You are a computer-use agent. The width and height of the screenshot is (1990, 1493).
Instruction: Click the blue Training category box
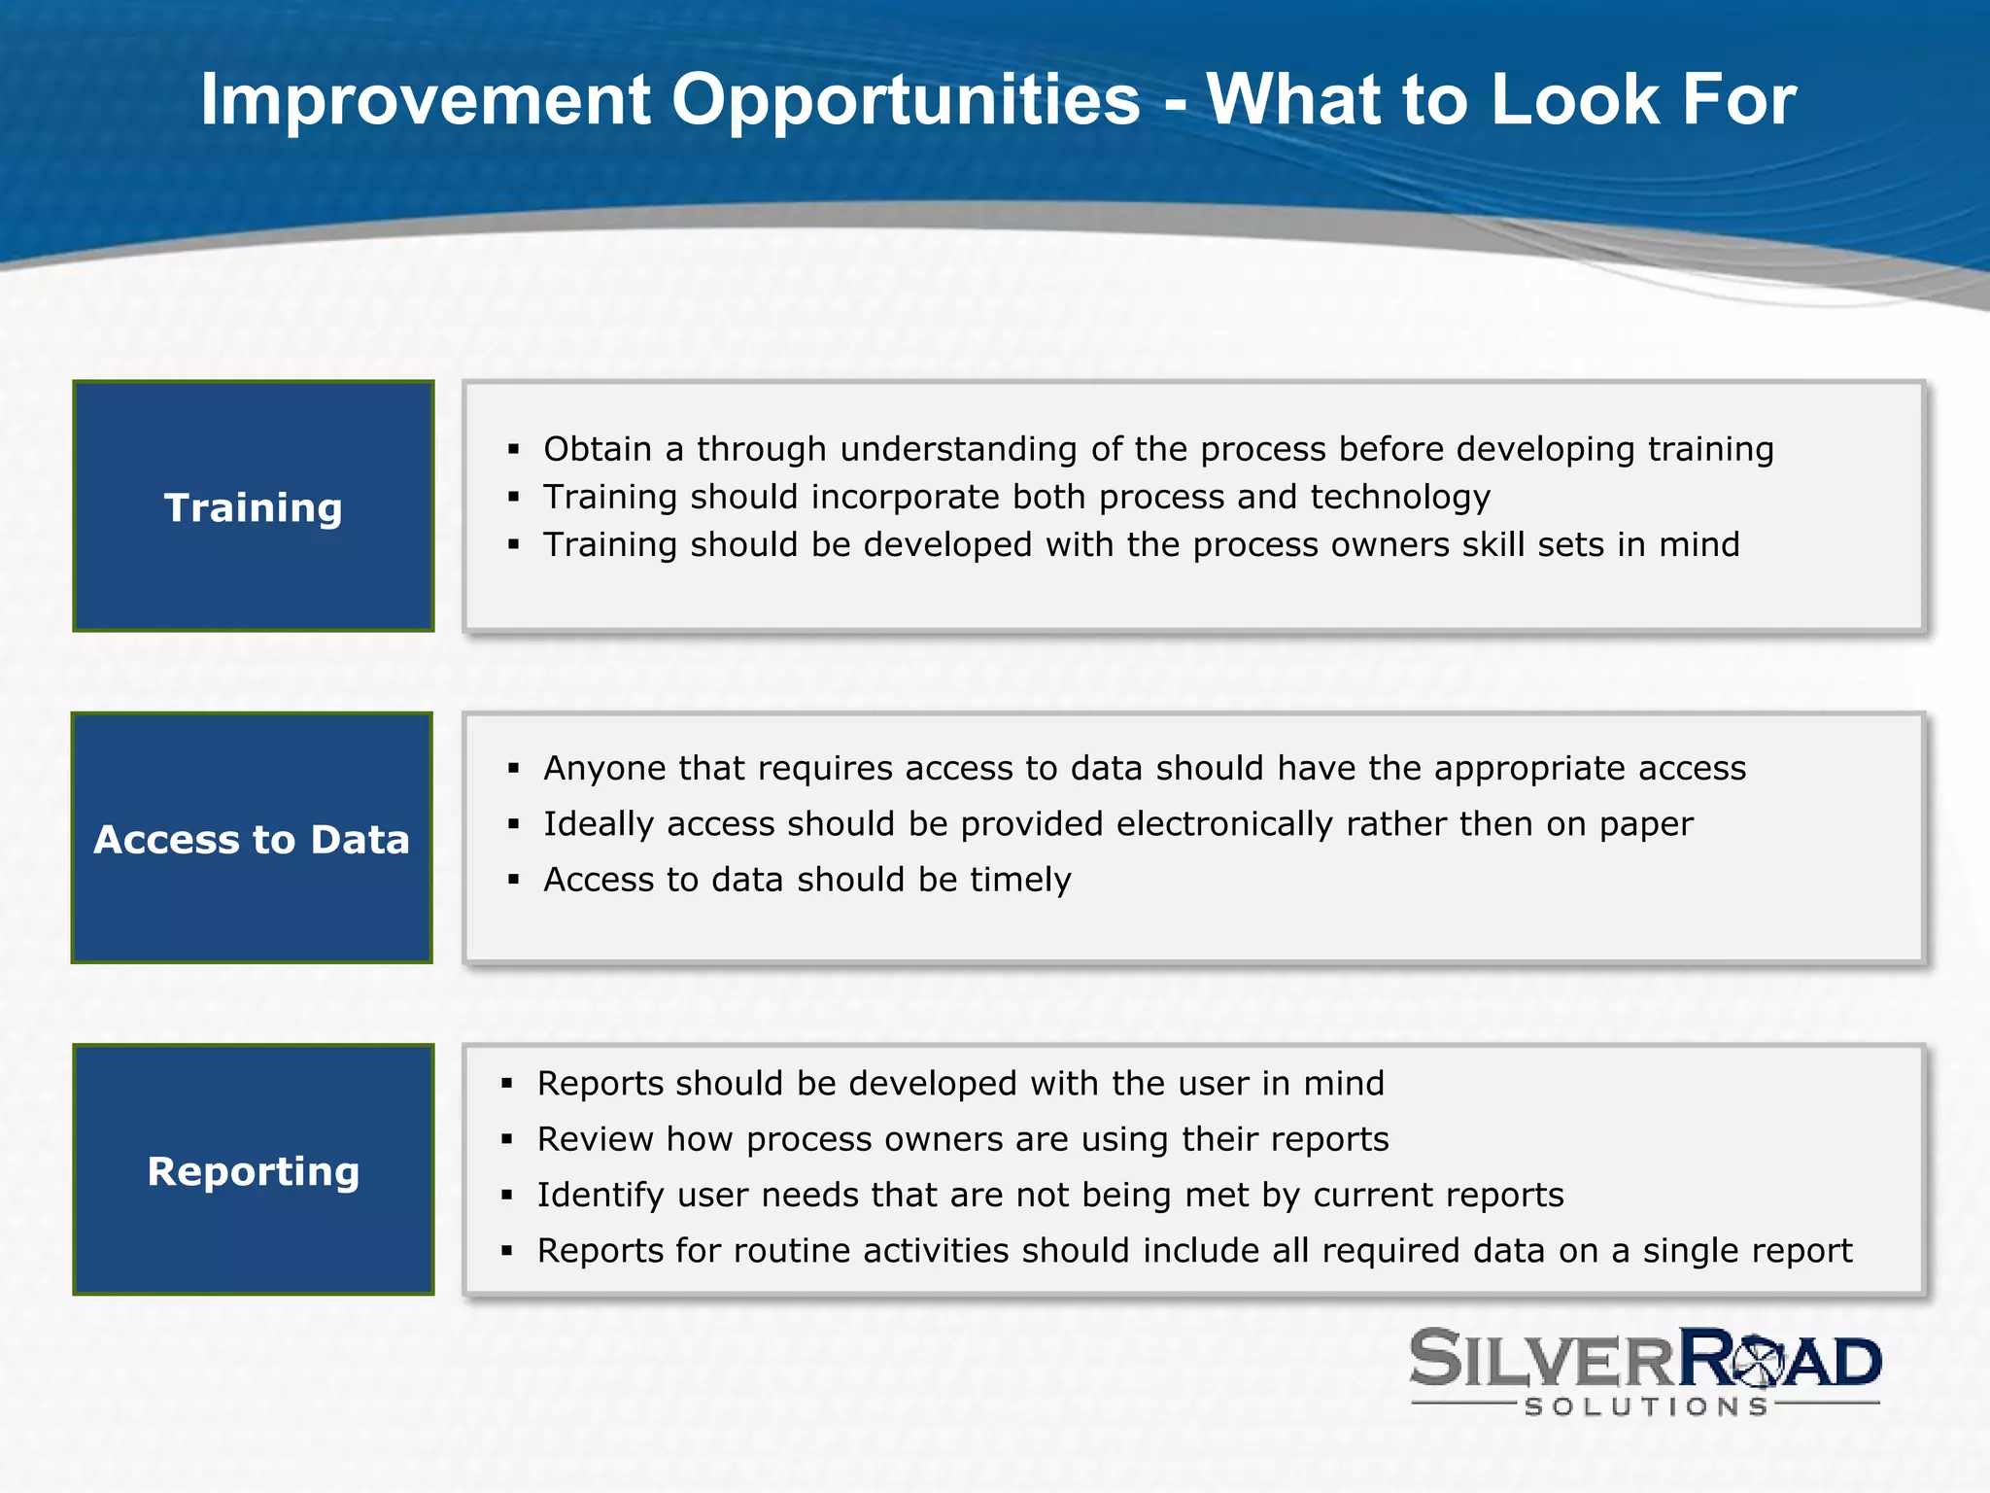(253, 506)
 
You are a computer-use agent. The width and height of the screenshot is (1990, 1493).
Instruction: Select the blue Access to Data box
(252, 838)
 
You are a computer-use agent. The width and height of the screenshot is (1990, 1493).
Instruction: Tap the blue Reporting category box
(253, 1170)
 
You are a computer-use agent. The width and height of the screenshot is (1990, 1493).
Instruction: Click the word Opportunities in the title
(906, 101)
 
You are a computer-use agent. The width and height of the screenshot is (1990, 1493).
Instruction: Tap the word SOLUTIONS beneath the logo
(1646, 1406)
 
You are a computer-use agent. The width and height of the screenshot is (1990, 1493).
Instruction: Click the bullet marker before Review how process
(506, 1139)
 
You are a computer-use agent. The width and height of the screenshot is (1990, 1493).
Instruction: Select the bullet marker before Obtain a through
(514, 449)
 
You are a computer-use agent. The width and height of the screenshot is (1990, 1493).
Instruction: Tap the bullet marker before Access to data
(514, 880)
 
